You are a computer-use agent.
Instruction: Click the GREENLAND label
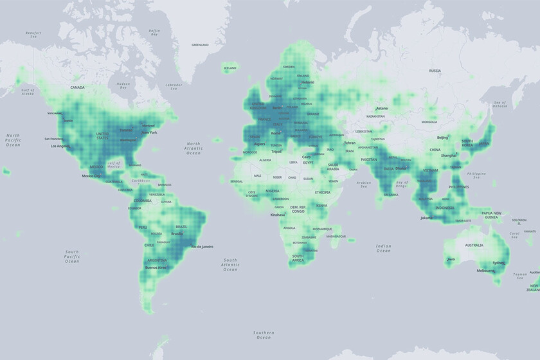[x=200, y=45]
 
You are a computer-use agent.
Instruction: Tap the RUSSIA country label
[x=435, y=71]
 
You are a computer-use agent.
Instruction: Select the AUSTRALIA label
[x=474, y=245]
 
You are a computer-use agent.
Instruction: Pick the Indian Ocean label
[x=384, y=248]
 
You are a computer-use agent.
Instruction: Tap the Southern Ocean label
[x=262, y=334]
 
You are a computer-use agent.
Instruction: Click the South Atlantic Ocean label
[x=230, y=264]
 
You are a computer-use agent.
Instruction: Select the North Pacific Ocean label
[x=13, y=140]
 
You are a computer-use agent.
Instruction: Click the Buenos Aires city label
[x=156, y=267]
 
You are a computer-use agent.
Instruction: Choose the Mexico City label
[x=91, y=175]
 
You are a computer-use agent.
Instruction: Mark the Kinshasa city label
[x=278, y=215]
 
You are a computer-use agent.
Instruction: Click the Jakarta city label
[x=426, y=218]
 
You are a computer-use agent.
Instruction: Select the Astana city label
[x=382, y=109]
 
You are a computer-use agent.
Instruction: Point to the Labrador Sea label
[x=174, y=85]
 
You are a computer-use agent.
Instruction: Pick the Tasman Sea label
[x=520, y=274]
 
